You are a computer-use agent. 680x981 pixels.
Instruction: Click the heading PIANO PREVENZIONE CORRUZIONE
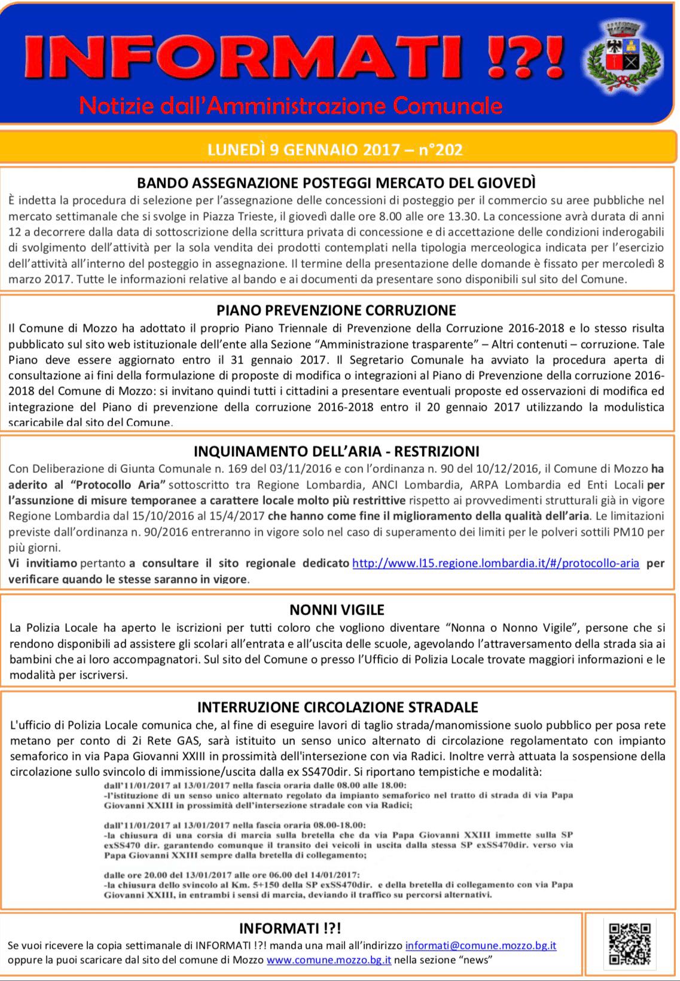point(336,310)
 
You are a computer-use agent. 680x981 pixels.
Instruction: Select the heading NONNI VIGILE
point(337,610)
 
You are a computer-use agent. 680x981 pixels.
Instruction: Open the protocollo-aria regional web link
point(495,563)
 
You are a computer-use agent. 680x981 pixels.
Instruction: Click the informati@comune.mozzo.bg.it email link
point(481,946)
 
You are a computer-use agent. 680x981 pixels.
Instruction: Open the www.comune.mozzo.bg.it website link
point(329,960)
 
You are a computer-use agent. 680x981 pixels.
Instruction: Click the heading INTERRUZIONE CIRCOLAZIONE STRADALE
point(337,707)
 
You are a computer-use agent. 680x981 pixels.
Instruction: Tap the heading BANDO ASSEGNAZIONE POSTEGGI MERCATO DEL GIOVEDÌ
point(336,182)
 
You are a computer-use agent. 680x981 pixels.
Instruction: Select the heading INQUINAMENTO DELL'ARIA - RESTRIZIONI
point(337,451)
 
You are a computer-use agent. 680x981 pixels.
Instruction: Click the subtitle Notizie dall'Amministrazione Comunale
point(291,106)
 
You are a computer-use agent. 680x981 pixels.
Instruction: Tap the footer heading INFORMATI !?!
point(290,928)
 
